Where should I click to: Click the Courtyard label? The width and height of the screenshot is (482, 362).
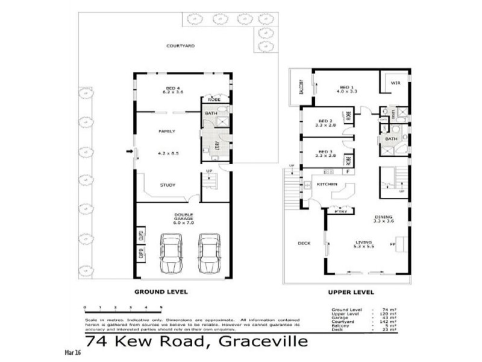click(x=181, y=45)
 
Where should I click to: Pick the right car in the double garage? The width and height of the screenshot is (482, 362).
click(x=208, y=252)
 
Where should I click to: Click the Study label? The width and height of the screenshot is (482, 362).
click(x=167, y=185)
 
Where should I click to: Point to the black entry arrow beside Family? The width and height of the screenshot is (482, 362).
click(x=129, y=151)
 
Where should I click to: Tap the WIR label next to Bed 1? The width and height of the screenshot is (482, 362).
click(x=395, y=83)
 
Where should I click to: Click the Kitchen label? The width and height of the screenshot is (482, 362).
click(x=327, y=184)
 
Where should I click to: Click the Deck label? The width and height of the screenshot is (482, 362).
click(x=304, y=244)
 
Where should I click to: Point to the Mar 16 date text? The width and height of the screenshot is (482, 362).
click(x=72, y=352)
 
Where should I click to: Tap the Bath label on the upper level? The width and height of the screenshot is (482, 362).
click(x=392, y=139)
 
